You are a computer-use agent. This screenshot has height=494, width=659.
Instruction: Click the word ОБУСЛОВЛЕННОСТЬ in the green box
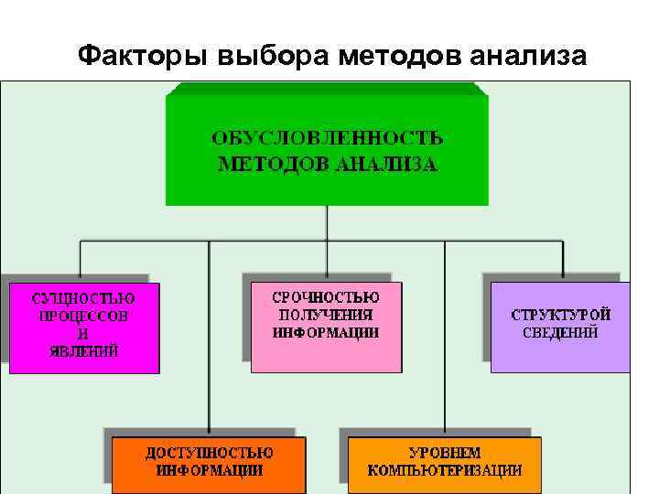(x=328, y=138)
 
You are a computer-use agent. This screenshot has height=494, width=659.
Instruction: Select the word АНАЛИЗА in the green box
(x=386, y=166)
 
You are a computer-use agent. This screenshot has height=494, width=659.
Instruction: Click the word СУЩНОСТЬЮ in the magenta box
(x=83, y=298)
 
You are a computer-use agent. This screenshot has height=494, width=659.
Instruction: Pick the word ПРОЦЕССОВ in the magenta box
(x=83, y=316)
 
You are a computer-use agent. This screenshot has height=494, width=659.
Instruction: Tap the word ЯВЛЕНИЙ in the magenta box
(x=83, y=350)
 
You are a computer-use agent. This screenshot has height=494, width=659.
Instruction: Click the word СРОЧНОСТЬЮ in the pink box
(x=326, y=297)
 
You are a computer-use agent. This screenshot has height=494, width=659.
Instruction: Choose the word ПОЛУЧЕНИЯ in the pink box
(x=326, y=315)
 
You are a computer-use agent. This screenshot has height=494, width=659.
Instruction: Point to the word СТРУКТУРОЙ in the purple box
(x=560, y=315)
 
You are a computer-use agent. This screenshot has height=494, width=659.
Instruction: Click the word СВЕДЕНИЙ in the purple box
(x=560, y=332)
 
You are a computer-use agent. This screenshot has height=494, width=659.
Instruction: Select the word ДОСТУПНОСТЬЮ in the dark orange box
(x=209, y=453)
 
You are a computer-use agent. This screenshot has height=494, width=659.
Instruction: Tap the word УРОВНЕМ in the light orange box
(x=445, y=453)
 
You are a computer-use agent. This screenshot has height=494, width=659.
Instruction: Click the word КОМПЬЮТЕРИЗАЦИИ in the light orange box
(x=445, y=470)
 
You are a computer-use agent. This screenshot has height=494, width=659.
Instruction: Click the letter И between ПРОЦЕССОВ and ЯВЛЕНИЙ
(x=83, y=333)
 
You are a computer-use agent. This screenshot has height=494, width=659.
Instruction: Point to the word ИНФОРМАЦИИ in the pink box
(x=326, y=332)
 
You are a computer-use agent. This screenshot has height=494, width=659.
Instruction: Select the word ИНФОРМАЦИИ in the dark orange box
(x=209, y=470)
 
